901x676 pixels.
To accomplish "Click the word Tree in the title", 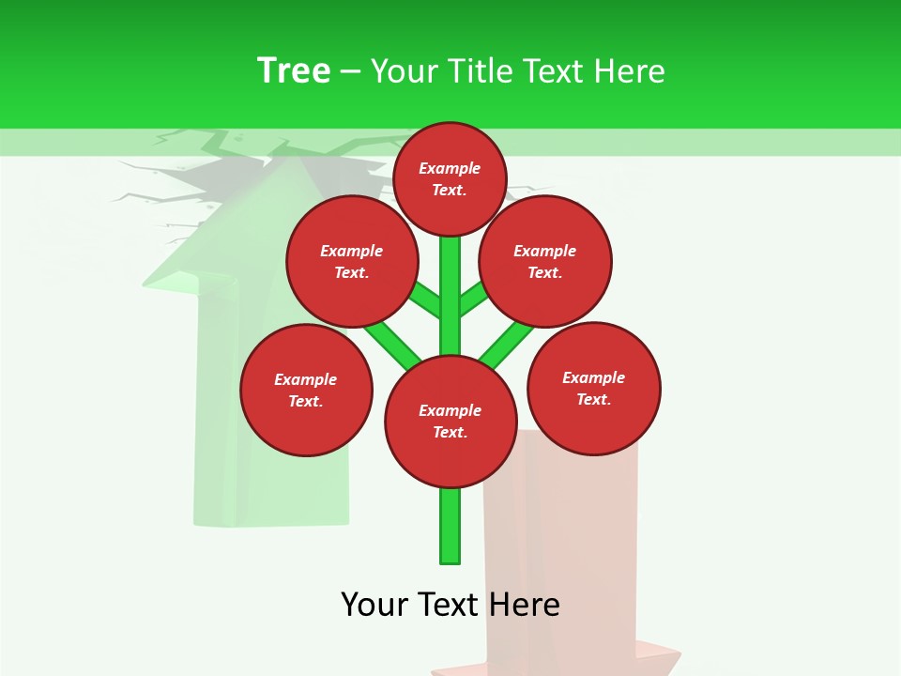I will pyautogui.click(x=294, y=70).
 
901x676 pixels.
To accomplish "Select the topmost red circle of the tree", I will pyautogui.click(x=450, y=178).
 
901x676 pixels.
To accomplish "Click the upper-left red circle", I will pyautogui.click(x=352, y=261).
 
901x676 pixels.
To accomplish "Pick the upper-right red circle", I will pyautogui.click(x=545, y=261).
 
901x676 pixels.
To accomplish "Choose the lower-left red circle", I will pyautogui.click(x=306, y=390).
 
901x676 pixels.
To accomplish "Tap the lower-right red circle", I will pyautogui.click(x=594, y=388).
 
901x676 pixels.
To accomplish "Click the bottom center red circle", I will pyautogui.click(x=450, y=421).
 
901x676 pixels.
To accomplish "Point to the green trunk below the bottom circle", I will pyautogui.click(x=450, y=526).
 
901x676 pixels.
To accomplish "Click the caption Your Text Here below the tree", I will pyautogui.click(x=450, y=605).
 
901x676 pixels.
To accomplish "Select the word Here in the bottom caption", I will pyautogui.click(x=524, y=605).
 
